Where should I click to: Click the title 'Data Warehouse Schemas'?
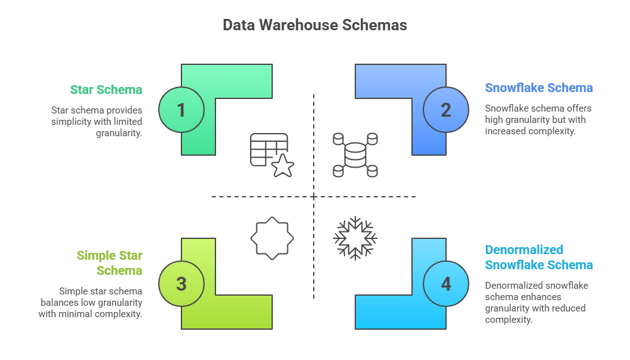pyautogui.click(x=314, y=25)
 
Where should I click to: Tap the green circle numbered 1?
pyautogui.click(x=181, y=110)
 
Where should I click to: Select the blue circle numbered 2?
pyautogui.click(x=446, y=110)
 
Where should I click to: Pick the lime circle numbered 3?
pyautogui.click(x=181, y=284)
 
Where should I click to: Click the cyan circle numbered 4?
pyautogui.click(x=446, y=284)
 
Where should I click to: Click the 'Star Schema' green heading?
pyautogui.click(x=106, y=90)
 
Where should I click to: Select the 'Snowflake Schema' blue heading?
pyautogui.click(x=539, y=88)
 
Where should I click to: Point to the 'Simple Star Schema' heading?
pyautogui.click(x=110, y=263)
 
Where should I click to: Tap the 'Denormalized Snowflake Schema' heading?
pyautogui.click(x=539, y=257)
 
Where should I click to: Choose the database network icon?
pyautogui.click(x=355, y=154)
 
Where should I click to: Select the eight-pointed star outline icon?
pyautogui.click(x=272, y=238)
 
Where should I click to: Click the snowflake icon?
pyautogui.click(x=355, y=238)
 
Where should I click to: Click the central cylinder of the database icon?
pyautogui.click(x=355, y=155)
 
